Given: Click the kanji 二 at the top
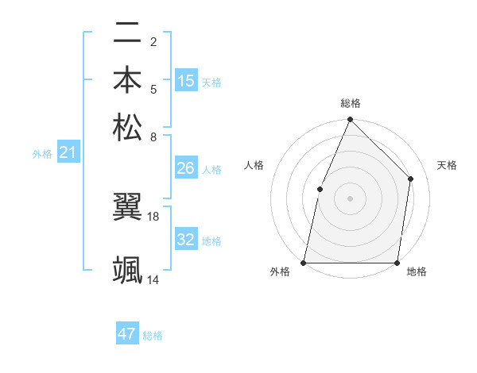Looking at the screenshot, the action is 128,34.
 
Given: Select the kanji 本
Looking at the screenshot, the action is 128,80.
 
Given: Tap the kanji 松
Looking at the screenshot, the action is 128,126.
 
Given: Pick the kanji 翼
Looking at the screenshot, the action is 128,207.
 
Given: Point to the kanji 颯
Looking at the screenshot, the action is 128,270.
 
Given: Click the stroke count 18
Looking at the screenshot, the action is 153,216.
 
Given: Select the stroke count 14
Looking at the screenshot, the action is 153,279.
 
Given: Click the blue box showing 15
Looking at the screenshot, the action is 186,81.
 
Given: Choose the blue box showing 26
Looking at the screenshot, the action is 186,168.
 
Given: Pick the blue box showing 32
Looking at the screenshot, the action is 186,240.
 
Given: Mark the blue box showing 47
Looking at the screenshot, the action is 127,334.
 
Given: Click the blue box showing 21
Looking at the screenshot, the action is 68,152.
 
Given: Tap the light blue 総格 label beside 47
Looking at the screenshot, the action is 153,336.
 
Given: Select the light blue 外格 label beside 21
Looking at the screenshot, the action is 42,154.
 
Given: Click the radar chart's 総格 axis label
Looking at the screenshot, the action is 351,103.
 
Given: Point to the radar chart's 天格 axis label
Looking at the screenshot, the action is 447,165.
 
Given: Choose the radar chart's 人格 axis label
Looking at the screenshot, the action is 254,165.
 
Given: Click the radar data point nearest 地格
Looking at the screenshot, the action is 398,263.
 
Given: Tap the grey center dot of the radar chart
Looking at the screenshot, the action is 351,198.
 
